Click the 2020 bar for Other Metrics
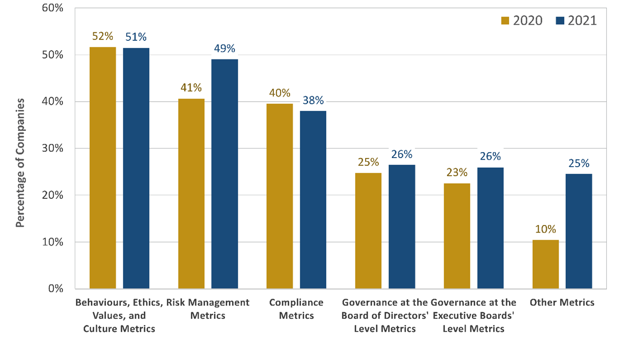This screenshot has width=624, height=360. tap(545, 264)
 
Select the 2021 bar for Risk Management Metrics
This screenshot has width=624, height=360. tap(225, 174)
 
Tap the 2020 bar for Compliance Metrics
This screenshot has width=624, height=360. tap(280, 196)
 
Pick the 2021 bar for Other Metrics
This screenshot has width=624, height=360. tap(579, 232)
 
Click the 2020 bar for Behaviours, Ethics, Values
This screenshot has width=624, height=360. tap(103, 168)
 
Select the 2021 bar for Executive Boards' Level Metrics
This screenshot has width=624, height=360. tap(491, 228)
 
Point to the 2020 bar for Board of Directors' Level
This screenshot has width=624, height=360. tap(368, 231)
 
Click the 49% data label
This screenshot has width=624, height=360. tap(225, 48)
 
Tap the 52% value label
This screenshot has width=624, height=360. tap(103, 36)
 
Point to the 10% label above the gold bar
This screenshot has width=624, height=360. tap(545, 229)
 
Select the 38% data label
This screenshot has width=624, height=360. tap(313, 100)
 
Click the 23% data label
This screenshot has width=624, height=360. tap(457, 173)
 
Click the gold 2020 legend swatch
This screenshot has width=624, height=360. tap(505, 21)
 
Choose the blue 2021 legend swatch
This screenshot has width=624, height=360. tap(560, 21)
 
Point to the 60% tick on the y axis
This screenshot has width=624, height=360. tap(53, 8)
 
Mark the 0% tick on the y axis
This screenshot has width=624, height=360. tap(56, 289)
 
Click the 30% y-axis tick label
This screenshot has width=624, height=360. tap(53, 148)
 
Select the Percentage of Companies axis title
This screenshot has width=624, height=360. tap(20, 163)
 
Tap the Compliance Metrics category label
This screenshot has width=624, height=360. tap(297, 309)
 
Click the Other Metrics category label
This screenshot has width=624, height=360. tap(562, 303)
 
